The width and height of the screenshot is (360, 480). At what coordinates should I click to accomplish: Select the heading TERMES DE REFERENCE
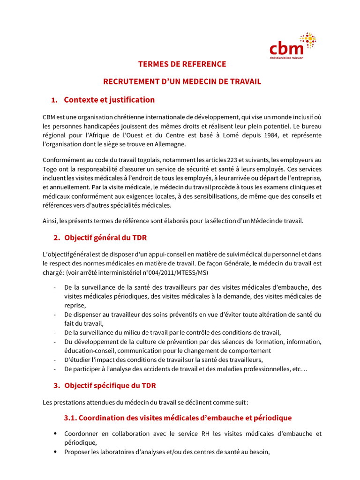coord(182,64)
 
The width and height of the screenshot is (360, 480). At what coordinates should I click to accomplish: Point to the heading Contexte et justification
coord(109,100)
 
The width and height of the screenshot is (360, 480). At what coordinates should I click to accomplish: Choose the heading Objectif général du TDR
coord(105,238)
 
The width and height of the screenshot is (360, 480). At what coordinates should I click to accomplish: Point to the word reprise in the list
coord(75,305)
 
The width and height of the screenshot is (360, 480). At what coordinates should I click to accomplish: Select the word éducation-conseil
coord(90,350)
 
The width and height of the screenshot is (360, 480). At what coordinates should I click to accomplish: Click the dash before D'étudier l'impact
coord(55,360)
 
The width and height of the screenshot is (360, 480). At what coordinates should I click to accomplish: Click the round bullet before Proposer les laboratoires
coord(56,452)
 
